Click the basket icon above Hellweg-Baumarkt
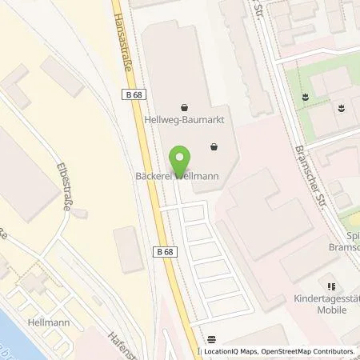click(185, 106)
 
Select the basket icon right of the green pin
click(214, 146)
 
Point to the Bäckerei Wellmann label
click(182, 175)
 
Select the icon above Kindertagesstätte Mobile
click(327, 286)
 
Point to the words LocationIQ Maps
click(230, 351)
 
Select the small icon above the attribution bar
click(211, 339)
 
